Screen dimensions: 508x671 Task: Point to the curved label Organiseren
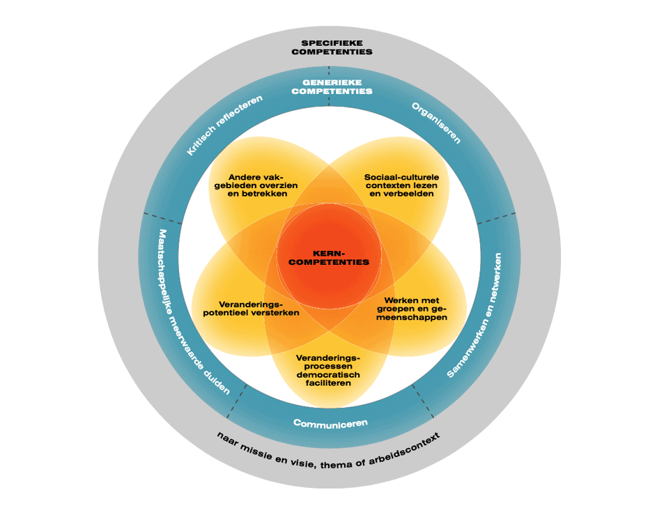pyautogui.click(x=436, y=123)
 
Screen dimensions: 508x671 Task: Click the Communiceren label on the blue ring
pyautogui.click(x=330, y=423)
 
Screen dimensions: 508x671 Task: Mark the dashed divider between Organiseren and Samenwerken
pyautogui.click(x=498, y=220)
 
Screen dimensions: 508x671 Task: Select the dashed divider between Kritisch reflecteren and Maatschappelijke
pyautogui.click(x=162, y=217)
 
